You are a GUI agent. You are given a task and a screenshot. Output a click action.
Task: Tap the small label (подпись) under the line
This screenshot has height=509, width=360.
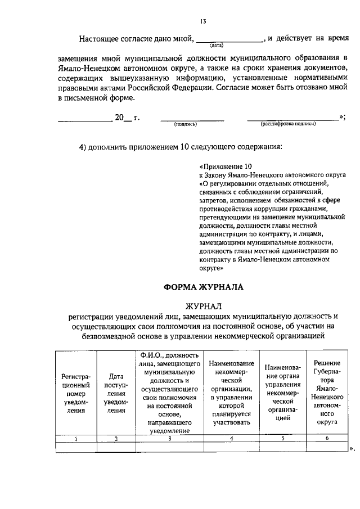coord(185,124)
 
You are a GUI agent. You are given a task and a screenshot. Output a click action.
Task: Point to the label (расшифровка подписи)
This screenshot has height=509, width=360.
coord(288,124)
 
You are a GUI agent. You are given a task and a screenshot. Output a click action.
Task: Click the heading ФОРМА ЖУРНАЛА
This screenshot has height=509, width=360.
coord(204,286)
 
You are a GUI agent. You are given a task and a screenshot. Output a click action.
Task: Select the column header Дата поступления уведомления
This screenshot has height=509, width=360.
coord(116,394)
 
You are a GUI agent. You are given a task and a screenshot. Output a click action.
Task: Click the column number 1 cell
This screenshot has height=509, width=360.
coord(76,438)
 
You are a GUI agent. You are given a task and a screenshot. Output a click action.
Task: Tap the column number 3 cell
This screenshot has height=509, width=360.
coord(169,438)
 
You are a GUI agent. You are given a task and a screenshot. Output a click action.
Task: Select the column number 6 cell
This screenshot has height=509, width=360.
coord(326,438)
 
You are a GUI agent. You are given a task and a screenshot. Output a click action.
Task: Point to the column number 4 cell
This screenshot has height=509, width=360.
coord(231,438)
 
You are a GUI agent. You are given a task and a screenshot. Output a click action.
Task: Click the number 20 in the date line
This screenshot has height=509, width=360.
coord(119,118)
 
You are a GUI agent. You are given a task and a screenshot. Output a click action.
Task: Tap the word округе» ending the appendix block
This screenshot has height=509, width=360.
coord(211,269)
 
